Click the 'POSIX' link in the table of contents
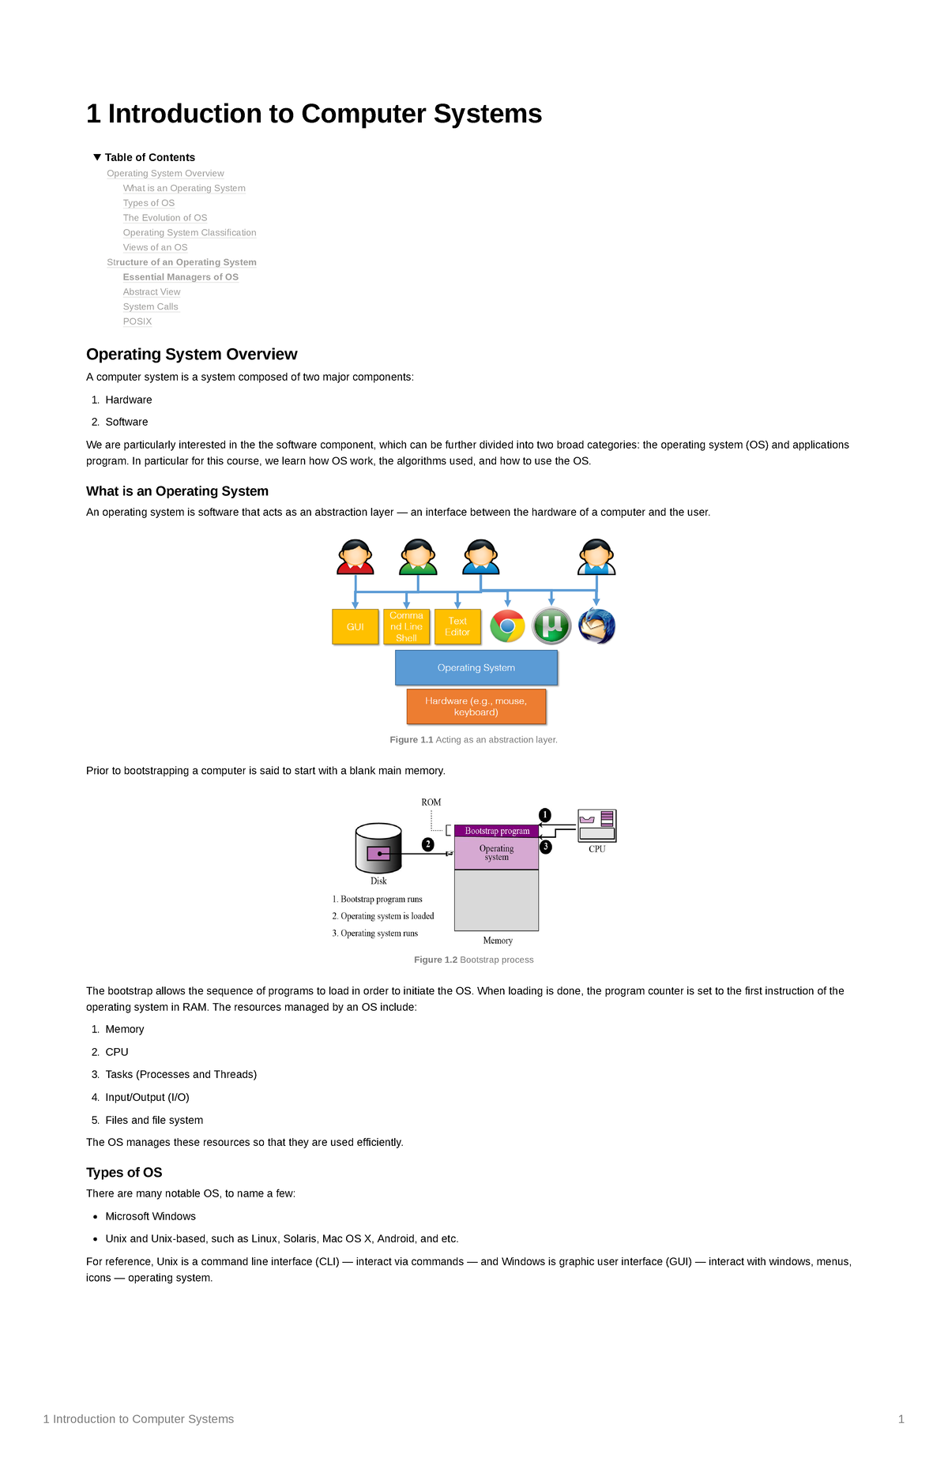point(137,321)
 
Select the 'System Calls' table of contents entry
point(150,306)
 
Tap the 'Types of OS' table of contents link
point(149,203)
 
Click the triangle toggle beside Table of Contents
point(97,157)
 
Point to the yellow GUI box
point(355,626)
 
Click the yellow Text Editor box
point(457,626)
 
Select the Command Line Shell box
point(406,626)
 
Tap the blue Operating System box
point(476,667)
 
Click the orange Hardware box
point(476,706)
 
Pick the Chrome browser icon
point(507,626)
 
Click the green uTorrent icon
point(551,626)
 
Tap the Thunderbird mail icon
point(596,626)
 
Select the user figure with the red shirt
point(355,557)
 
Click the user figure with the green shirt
point(418,557)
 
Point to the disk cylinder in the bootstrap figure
point(378,848)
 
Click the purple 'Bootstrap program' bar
point(497,831)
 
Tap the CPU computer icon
point(596,825)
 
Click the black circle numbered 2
point(428,844)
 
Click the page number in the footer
point(901,1419)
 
